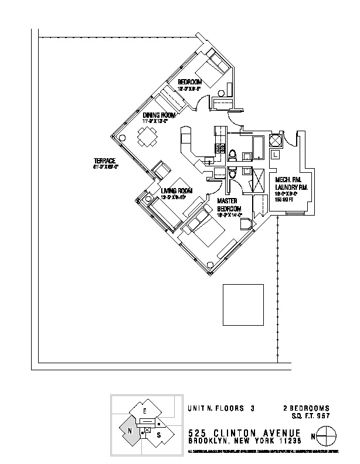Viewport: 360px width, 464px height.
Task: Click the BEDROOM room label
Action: pyautogui.click(x=190, y=81)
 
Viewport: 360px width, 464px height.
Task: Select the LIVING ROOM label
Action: pyautogui.click(x=176, y=190)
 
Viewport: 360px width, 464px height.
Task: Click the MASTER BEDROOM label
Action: pyautogui.click(x=229, y=204)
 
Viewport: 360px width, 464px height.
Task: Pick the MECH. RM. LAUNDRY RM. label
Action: pyautogui.click(x=291, y=183)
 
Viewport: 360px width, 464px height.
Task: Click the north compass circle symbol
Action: pyautogui.click(x=327, y=436)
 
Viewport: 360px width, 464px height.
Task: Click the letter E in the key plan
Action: pyautogui.click(x=144, y=412)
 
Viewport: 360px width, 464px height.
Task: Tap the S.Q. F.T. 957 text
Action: pyautogui.click(x=311, y=416)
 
